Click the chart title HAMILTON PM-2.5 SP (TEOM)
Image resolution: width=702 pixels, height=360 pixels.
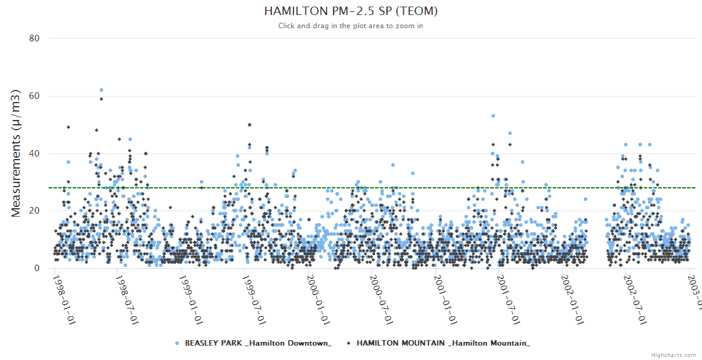[350, 11]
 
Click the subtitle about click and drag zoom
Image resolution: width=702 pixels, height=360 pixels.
[350, 26]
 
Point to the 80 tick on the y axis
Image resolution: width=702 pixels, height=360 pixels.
[34, 38]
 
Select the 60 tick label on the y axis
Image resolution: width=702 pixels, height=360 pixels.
[34, 96]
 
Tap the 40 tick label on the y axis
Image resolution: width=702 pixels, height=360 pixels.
[34, 154]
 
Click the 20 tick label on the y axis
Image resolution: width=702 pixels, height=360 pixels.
[34, 211]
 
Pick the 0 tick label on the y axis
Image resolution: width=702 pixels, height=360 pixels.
[37, 269]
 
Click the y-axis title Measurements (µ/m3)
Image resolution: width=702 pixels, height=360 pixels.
[17, 153]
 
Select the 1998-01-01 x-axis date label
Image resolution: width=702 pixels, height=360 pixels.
[64, 299]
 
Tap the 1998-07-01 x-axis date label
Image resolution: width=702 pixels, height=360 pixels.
[128, 299]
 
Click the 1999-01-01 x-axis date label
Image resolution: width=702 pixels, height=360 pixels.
[191, 299]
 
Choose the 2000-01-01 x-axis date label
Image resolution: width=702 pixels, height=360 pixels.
[318, 299]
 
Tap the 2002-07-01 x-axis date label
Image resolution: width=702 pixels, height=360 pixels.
[635, 299]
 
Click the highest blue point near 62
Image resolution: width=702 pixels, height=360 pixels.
[101, 90]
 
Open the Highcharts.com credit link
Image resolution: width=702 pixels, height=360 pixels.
[673, 355]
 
